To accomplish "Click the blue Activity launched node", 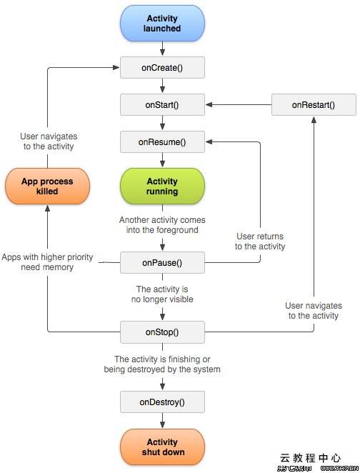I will click(163, 24).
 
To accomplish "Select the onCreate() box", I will click(163, 68).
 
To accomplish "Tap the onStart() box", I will click(163, 105).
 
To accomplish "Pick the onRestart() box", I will click(313, 105).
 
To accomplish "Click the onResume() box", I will click(163, 142).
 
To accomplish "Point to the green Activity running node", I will click(163, 186).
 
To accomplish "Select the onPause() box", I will click(163, 262).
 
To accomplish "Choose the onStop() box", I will click(163, 332).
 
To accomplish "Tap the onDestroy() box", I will click(163, 402).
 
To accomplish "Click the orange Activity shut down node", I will click(163, 447).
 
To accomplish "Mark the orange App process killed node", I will click(47, 186).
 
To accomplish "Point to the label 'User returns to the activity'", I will click(260, 242).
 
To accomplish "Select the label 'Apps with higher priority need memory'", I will click(47, 262).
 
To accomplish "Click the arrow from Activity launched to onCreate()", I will click(163, 49).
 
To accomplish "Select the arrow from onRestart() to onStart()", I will click(239, 105).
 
